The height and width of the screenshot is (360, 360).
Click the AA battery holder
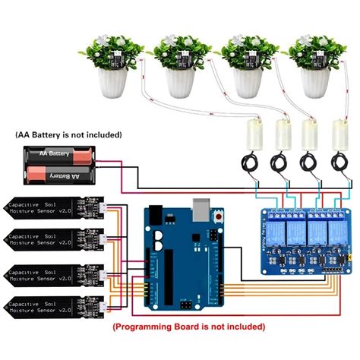(60, 165)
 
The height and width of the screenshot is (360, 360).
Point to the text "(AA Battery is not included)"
(68, 134)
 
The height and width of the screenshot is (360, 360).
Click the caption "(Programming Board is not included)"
(188, 327)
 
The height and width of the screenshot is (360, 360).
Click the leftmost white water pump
(250, 137)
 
